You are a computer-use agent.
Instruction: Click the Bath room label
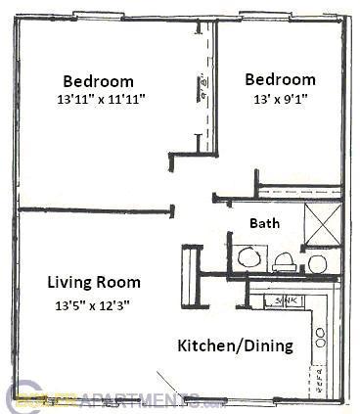point(264,223)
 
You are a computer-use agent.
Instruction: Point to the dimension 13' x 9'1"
point(281,99)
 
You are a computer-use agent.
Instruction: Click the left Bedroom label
point(99,80)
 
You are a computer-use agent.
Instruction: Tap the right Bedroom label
point(281,79)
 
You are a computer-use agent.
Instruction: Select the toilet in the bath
point(284,259)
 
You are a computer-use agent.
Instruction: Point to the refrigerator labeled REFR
point(319,376)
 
